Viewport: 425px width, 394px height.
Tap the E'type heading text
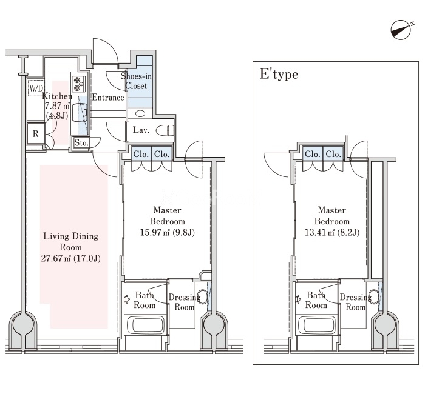(x=279, y=74)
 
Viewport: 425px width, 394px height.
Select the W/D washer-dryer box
(x=36, y=88)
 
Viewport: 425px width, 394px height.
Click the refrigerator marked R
(x=36, y=133)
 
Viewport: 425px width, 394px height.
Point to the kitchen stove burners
(x=78, y=84)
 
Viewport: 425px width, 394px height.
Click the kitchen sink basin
(x=82, y=112)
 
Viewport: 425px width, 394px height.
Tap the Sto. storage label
(x=81, y=142)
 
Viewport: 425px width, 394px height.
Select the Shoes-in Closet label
(x=136, y=81)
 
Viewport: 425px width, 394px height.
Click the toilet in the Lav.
(x=165, y=130)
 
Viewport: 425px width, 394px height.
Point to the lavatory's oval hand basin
(x=140, y=113)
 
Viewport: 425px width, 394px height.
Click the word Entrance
(x=108, y=98)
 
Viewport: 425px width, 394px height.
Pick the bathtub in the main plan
(x=146, y=325)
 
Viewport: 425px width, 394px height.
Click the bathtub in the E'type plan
(x=317, y=325)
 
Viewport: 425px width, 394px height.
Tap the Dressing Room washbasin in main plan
(x=202, y=297)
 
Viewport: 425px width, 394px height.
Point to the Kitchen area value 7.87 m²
(x=57, y=106)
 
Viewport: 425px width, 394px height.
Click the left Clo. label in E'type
(x=313, y=154)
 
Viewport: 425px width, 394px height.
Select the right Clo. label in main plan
(x=162, y=154)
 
